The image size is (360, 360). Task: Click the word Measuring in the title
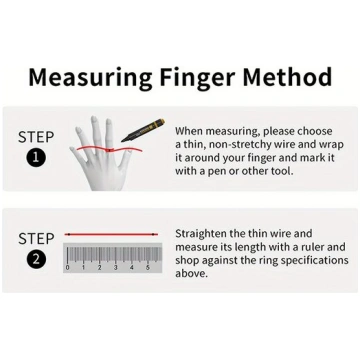click(90, 78)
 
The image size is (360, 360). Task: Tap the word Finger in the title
click(197, 78)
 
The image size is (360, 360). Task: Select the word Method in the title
click(287, 77)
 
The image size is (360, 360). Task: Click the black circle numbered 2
click(36, 259)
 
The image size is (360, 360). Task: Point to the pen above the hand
click(143, 129)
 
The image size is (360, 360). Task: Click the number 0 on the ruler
click(68, 267)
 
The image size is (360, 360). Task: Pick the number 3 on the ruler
click(115, 267)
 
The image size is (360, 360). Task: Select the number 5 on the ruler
click(148, 267)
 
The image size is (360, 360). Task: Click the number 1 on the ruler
click(83, 267)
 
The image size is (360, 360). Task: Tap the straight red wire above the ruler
click(111, 235)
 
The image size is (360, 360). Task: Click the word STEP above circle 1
click(36, 137)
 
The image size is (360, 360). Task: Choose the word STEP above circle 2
click(36, 239)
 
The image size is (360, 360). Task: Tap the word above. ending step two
click(191, 273)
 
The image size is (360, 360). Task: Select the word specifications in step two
click(314, 260)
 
